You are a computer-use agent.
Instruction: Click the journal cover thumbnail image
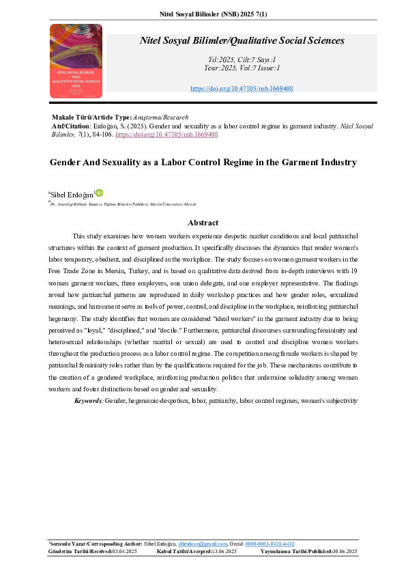[76, 60]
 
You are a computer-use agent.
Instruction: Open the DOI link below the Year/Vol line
[231, 89]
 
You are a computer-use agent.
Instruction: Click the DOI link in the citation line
[166, 135]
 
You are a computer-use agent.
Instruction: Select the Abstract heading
[203, 223]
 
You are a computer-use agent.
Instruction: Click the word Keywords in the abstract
[89, 400]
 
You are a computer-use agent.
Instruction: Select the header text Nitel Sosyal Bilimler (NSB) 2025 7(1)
[203, 12]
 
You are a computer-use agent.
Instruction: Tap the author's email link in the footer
[198, 544]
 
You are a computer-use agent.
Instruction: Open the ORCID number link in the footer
[270, 544]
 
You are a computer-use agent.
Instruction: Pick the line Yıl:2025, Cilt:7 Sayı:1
[232, 60]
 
